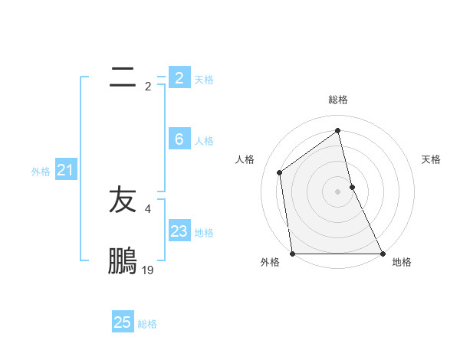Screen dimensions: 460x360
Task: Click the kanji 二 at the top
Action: [123, 77]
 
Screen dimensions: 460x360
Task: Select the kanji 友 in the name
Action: [123, 201]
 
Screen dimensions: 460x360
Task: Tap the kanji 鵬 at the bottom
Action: [123, 260]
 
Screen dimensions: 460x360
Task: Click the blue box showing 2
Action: [179, 77]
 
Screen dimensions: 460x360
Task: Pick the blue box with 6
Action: [179, 139]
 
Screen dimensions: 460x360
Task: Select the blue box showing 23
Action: [179, 231]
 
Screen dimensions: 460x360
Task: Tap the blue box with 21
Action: [65, 171]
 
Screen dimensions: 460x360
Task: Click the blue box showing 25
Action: [123, 322]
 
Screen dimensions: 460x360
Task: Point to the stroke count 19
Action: [148, 270]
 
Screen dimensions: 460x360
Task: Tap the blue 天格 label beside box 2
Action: [204, 79]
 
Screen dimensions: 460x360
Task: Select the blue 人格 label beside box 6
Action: [204, 141]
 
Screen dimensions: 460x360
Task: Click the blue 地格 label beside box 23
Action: [204, 233]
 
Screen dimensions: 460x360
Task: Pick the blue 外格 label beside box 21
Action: [41, 172]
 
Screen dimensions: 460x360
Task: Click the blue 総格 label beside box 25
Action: [147, 324]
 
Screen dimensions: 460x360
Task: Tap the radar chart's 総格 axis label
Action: [338, 100]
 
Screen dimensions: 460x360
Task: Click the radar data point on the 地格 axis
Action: [382, 254]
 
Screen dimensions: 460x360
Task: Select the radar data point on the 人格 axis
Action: [280, 172]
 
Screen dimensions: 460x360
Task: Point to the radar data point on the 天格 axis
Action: [352, 186]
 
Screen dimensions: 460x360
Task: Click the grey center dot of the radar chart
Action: [338, 191]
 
